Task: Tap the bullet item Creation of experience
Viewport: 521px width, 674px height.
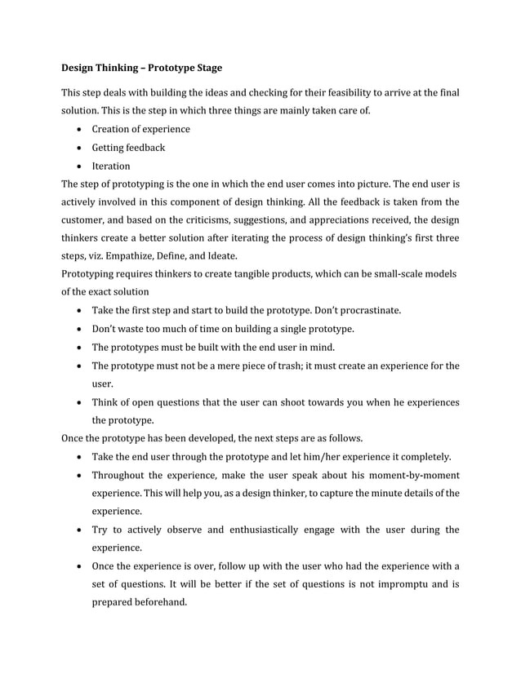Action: tap(140, 129)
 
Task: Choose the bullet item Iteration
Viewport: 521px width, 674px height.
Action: tap(110, 166)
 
